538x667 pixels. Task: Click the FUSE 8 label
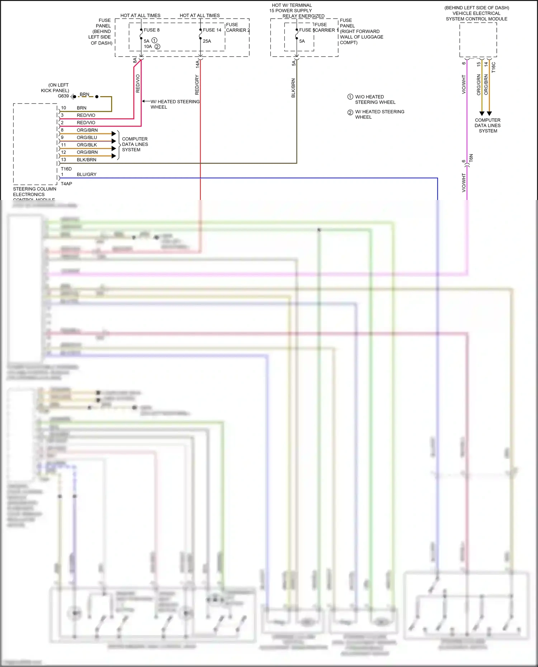151,30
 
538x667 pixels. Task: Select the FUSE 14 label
212,30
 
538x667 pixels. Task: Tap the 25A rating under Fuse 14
207,41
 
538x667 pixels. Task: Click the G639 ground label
63,96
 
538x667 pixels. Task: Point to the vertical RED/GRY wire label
197,85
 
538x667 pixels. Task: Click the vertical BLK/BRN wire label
293,88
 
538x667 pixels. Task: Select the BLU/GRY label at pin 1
86,175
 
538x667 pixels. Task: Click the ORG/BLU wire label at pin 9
87,138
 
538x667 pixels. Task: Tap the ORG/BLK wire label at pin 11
87,145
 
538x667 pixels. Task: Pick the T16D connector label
66,169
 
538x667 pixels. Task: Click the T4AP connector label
66,184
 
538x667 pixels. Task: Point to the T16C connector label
494,67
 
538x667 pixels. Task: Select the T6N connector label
471,158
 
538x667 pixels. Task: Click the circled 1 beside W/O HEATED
350,97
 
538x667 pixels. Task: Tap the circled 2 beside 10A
157,47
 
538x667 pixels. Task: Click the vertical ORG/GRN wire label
478,85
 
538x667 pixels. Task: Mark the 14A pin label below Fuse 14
197,64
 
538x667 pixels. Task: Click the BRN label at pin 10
81,108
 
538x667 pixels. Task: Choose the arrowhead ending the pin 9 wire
114,141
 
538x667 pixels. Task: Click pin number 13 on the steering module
63,160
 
